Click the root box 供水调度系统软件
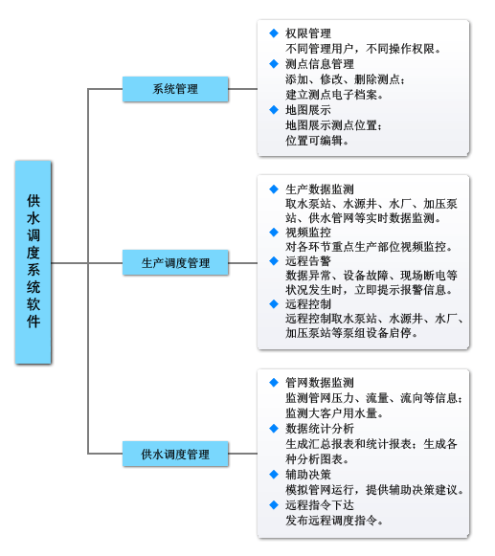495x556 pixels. [33, 262]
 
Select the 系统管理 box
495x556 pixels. [175, 89]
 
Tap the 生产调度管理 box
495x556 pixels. [175, 262]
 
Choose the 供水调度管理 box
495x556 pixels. [175, 454]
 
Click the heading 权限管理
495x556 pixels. [308, 33]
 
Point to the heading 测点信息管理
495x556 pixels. [320, 64]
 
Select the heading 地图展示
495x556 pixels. [308, 110]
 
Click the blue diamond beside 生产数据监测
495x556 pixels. [274, 189]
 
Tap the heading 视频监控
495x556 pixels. [308, 233]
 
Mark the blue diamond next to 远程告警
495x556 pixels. [274, 261]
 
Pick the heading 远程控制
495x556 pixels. [308, 304]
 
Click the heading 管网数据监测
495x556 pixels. [320, 383]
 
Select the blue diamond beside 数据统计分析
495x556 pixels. [274, 429]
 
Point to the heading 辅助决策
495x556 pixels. [308, 475]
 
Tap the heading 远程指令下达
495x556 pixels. [320, 505]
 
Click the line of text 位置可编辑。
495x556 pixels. [317, 141]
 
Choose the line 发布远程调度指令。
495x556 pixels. [334, 521]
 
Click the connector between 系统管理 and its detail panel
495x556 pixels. [242, 89]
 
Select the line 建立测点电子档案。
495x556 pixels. [334, 95]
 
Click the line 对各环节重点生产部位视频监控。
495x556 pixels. [369, 247]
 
